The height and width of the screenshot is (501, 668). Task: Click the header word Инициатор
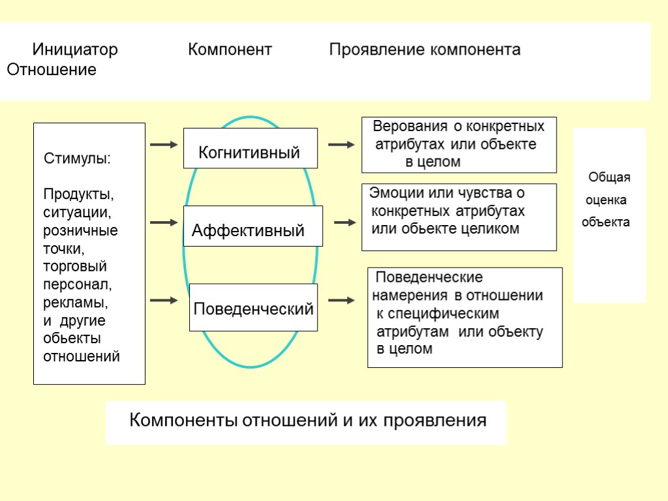tap(75, 50)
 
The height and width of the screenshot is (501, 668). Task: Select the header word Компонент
tap(230, 50)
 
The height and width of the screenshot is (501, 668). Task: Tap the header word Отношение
tap(51, 70)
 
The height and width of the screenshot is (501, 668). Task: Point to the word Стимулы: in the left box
tap(77, 159)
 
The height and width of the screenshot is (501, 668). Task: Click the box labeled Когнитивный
tap(250, 153)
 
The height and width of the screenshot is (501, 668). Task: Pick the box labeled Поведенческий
tap(253, 308)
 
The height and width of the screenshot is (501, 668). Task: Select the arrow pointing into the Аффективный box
tap(164, 222)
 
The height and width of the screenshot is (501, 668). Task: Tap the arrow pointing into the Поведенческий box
tap(164, 301)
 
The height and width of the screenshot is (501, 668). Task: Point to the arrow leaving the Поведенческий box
tap(341, 301)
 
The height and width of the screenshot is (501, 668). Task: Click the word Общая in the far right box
tap(609, 177)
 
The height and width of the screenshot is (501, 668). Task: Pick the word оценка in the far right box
tap(607, 200)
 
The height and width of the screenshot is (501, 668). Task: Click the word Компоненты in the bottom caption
tap(184, 419)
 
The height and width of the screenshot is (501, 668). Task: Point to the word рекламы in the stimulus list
tap(75, 303)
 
